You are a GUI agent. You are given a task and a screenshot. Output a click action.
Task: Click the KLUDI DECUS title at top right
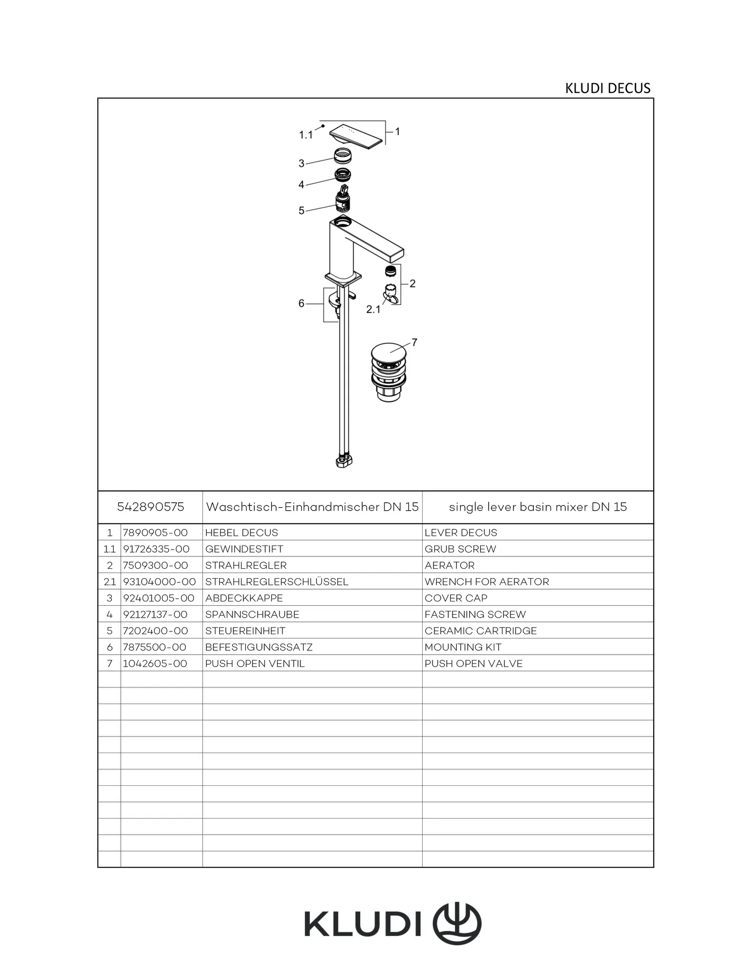pyautogui.click(x=607, y=88)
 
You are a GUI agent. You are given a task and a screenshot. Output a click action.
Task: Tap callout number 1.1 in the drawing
pyautogui.click(x=306, y=135)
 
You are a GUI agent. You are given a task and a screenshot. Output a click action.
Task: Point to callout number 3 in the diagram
pyautogui.click(x=301, y=163)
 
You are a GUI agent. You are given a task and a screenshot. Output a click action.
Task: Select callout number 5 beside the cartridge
pyautogui.click(x=301, y=210)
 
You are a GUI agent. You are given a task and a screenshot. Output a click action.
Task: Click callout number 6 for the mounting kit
pyautogui.click(x=301, y=303)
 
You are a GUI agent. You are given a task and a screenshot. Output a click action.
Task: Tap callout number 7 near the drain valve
pyautogui.click(x=415, y=342)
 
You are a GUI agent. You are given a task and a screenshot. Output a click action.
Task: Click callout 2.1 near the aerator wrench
pyautogui.click(x=373, y=309)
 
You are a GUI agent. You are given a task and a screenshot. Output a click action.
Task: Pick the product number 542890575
pyautogui.click(x=150, y=507)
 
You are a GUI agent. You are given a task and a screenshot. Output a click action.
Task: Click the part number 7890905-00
pyautogui.click(x=155, y=533)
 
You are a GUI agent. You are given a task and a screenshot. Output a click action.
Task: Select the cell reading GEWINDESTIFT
pyautogui.click(x=244, y=549)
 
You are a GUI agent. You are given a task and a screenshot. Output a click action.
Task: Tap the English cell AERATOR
pyautogui.click(x=449, y=565)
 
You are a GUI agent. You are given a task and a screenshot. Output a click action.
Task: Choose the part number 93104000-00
pyautogui.click(x=159, y=582)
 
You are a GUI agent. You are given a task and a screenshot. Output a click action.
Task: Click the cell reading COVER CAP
pyautogui.click(x=456, y=598)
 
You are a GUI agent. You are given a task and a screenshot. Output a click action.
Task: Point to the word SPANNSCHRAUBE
pyautogui.click(x=252, y=614)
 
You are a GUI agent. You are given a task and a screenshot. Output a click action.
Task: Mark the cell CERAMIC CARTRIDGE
pyautogui.click(x=480, y=631)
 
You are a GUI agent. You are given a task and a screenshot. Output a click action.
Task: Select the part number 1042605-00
pyautogui.click(x=155, y=664)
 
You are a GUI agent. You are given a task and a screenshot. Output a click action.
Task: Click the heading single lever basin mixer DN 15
pyautogui.click(x=538, y=507)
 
